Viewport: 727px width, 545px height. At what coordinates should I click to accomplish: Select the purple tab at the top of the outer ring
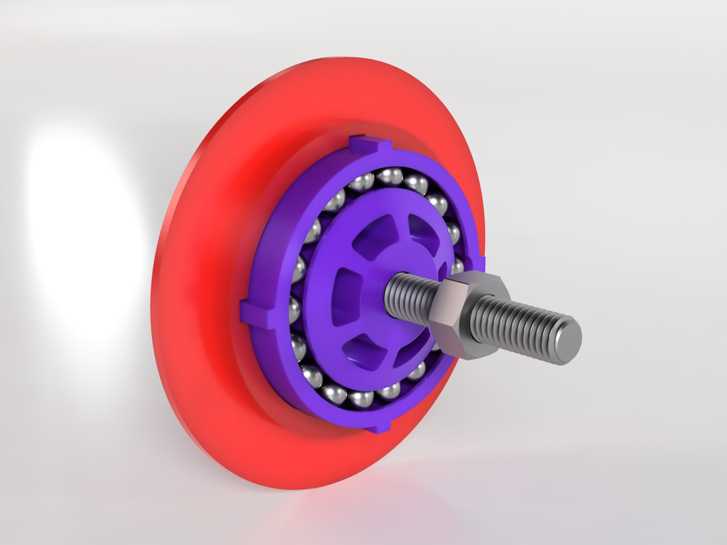click(x=370, y=145)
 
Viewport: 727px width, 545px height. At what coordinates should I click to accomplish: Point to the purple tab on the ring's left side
click(x=254, y=312)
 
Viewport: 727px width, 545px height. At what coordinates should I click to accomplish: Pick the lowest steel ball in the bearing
click(x=361, y=398)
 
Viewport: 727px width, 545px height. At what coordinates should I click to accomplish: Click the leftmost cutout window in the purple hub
click(x=346, y=297)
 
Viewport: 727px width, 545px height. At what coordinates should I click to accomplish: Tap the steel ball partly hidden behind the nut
click(x=457, y=267)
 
